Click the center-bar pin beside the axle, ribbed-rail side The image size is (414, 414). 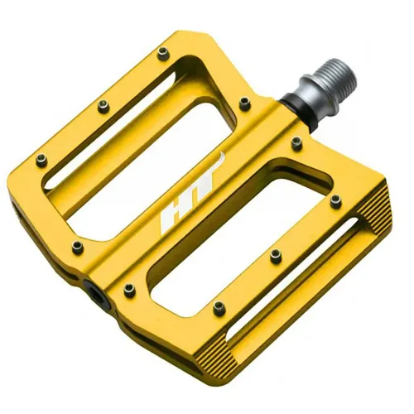[296, 143]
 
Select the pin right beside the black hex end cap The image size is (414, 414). [129, 289]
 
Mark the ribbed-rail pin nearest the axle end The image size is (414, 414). [335, 200]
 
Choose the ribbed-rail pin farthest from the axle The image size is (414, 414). [219, 308]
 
